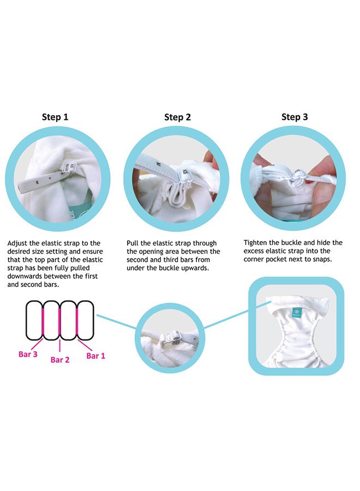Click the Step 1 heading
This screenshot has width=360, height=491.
pyautogui.click(x=55, y=117)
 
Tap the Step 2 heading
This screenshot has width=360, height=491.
pyautogui.click(x=177, y=117)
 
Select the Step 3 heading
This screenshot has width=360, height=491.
pyautogui.click(x=295, y=117)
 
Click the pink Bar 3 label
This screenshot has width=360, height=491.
pyautogui.click(x=28, y=354)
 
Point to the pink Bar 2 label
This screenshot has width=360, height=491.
pyautogui.click(x=60, y=360)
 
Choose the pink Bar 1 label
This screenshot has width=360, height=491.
pyautogui.click(x=96, y=356)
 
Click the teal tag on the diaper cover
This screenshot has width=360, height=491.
pyautogui.click(x=296, y=313)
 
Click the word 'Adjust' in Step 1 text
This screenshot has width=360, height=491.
pyautogui.click(x=17, y=243)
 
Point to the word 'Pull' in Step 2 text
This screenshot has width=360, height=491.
pyautogui.click(x=132, y=243)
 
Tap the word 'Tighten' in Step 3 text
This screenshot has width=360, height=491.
pyautogui.click(x=255, y=243)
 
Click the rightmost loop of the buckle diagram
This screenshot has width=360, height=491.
pyautogui.click(x=86, y=320)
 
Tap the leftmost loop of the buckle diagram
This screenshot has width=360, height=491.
pyautogui.click(x=34, y=320)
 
